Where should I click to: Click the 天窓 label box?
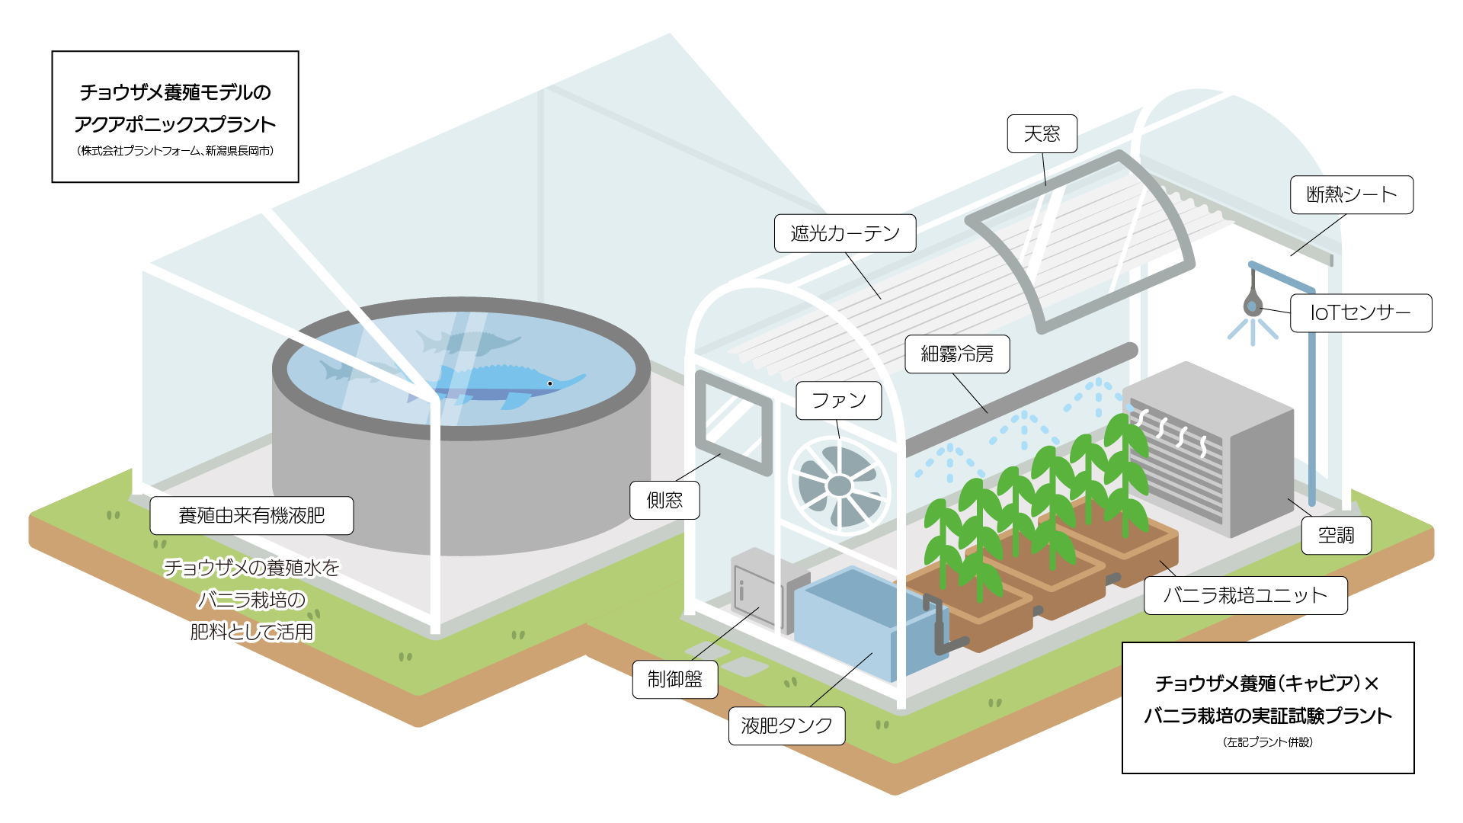[x=1042, y=134]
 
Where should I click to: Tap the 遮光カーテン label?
[x=844, y=233]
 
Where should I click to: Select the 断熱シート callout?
[x=1351, y=195]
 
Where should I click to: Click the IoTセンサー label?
[x=1360, y=313]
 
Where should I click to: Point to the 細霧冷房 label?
[x=957, y=354]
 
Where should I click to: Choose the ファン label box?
[x=838, y=401]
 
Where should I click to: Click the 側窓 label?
[x=664, y=501]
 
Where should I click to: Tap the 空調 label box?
[x=1336, y=536]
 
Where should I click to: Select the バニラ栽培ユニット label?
[x=1245, y=596]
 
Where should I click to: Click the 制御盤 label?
[x=674, y=680]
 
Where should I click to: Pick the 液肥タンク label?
[x=786, y=726]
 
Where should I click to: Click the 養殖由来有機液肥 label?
[x=251, y=516]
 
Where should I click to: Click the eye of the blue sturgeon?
[x=549, y=383]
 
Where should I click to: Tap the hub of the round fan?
[x=839, y=485]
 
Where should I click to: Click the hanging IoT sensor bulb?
[x=1251, y=306]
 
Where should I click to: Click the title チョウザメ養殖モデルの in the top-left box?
[x=175, y=93]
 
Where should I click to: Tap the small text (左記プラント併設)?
[x=1267, y=742]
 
